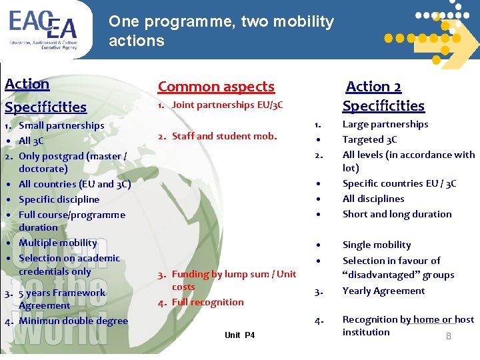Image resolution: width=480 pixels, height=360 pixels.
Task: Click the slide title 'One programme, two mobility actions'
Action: [x=221, y=31]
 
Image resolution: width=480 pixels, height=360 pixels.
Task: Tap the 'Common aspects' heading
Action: [x=216, y=87]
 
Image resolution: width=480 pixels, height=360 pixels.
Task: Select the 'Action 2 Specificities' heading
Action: [x=383, y=96]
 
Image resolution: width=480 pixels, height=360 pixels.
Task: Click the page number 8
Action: [x=448, y=337]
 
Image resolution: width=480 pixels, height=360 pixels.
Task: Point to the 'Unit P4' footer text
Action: [x=239, y=335]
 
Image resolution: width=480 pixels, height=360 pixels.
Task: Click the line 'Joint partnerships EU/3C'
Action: [x=227, y=105]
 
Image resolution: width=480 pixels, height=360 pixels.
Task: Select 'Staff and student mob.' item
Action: [x=224, y=136]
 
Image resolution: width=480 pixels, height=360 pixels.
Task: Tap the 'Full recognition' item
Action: [x=208, y=302]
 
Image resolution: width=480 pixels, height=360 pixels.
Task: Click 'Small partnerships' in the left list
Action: [x=61, y=125]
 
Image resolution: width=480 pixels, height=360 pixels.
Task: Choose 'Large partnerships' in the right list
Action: [x=385, y=124]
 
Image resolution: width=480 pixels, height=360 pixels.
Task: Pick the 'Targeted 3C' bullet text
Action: [x=369, y=139]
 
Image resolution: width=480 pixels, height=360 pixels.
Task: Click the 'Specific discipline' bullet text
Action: [x=59, y=199]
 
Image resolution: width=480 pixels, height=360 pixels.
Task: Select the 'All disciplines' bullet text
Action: [x=373, y=199]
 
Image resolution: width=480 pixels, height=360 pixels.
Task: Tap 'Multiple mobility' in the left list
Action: [x=58, y=243]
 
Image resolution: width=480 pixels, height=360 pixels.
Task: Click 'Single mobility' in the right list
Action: [x=377, y=245]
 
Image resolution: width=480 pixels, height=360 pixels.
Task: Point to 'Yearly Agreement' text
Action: [x=383, y=291]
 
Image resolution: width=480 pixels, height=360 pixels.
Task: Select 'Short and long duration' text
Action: [x=397, y=214]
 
